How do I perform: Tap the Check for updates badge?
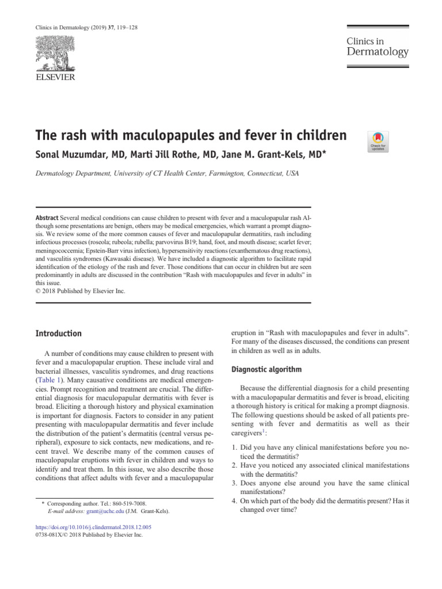(378, 141)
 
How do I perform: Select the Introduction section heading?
(59, 334)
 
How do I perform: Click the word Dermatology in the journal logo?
(377, 52)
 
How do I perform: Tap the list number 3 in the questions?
(234, 483)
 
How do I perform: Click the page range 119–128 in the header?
(127, 28)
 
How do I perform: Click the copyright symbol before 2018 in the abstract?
(39, 291)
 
